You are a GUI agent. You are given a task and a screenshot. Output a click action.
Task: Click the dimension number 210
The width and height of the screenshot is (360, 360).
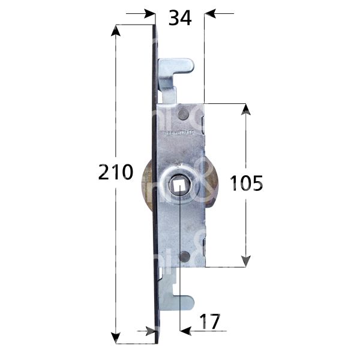(x=115, y=173)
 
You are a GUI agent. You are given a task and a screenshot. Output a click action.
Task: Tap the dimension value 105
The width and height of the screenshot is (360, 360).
(x=246, y=183)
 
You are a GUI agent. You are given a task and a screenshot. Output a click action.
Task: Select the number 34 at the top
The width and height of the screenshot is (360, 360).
(x=179, y=19)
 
